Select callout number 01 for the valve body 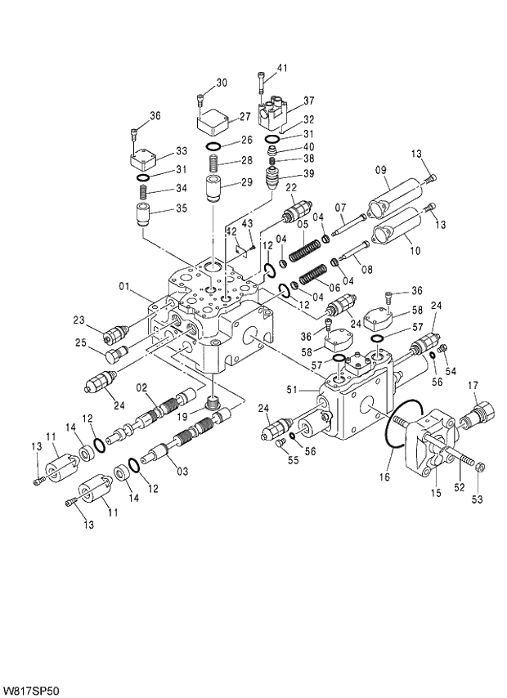123,286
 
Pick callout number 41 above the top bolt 282,68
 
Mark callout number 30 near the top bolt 221,83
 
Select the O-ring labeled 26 213,147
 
